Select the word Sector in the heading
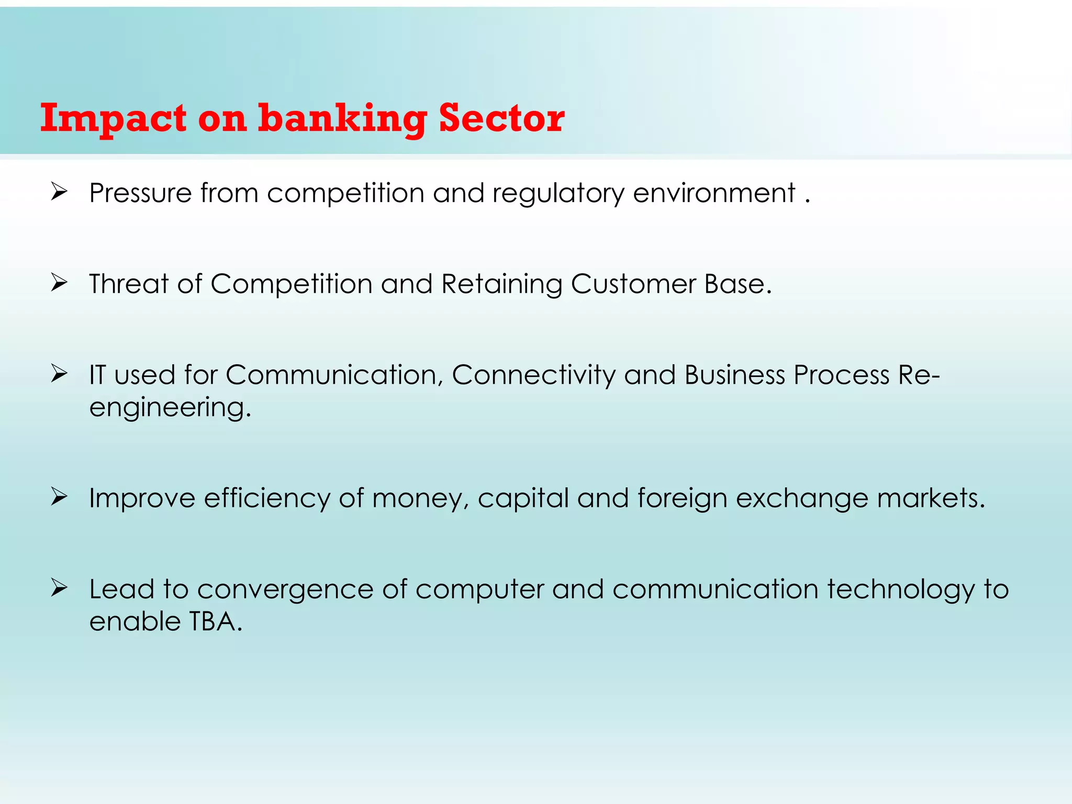tap(501, 118)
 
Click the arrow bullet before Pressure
tap(59, 192)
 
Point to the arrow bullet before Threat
tap(59, 283)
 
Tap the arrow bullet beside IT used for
tap(59, 374)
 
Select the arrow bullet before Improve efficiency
tap(59, 497)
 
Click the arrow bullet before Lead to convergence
tap(59, 588)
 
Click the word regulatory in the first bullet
tap(558, 194)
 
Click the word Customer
tap(633, 284)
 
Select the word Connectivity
tap(533, 376)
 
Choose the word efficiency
tap(267, 498)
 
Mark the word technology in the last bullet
tap(901, 590)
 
